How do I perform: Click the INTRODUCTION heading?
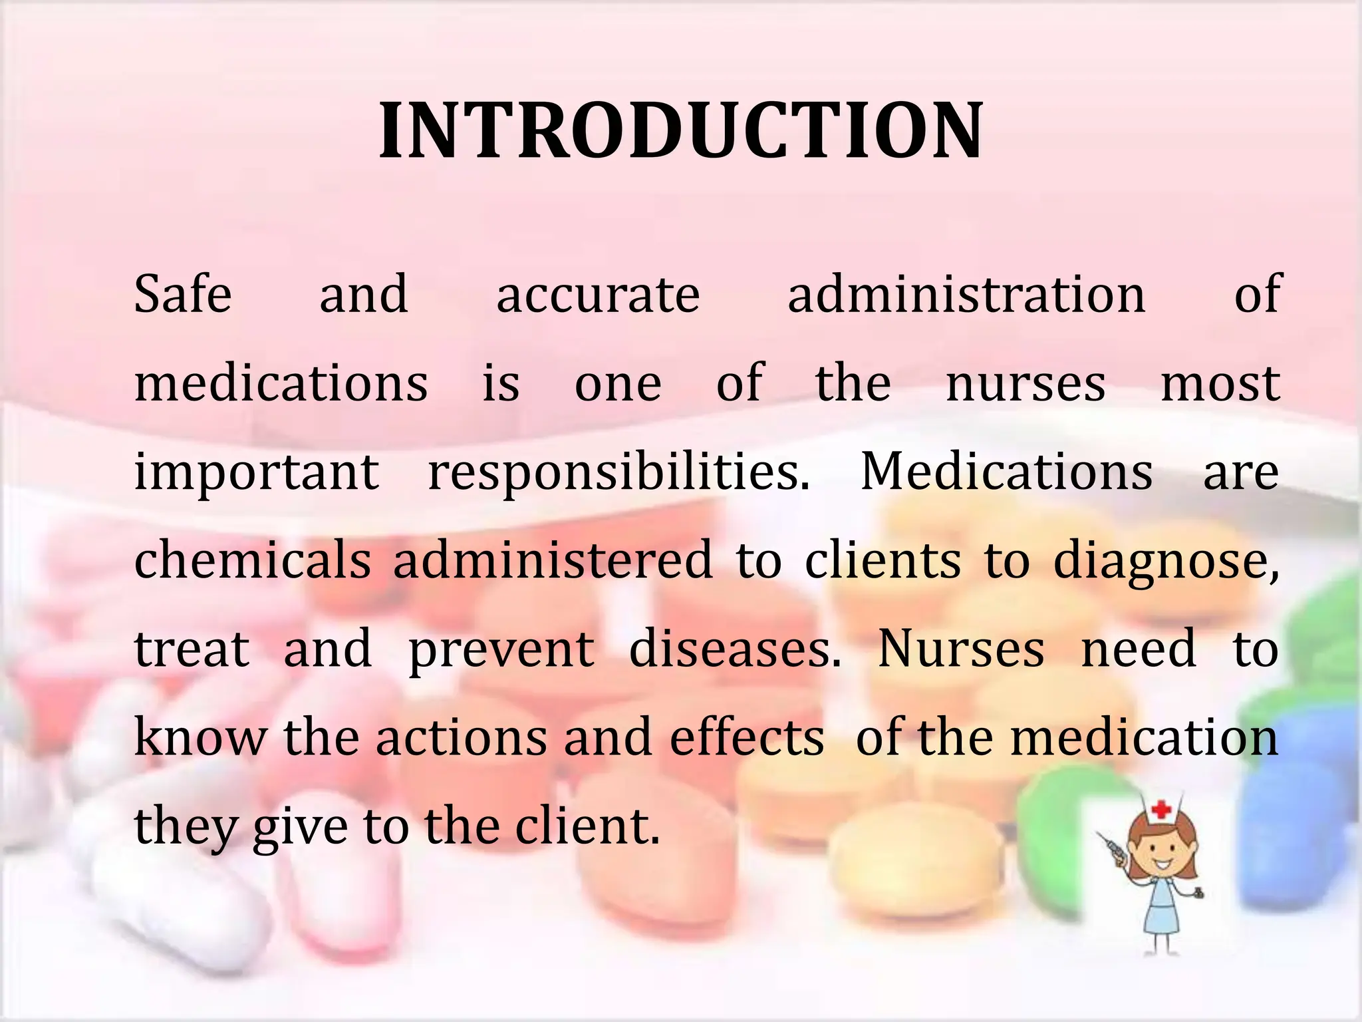680,130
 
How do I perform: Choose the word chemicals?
253,560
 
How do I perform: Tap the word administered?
553,560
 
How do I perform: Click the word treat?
192,649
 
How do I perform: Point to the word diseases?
735,649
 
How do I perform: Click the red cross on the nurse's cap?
1161,810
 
